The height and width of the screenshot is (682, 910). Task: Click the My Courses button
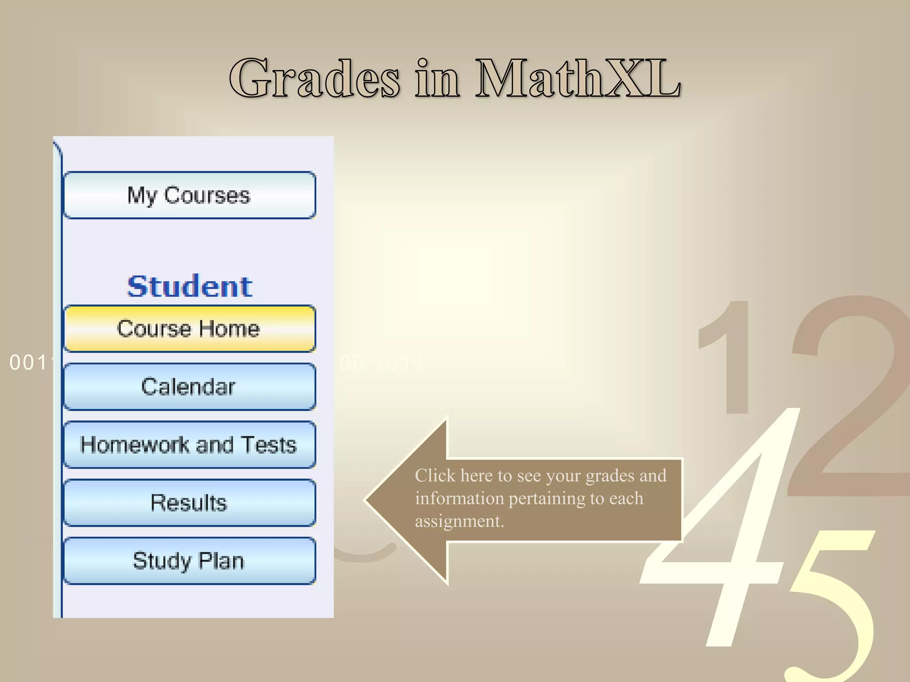point(189,195)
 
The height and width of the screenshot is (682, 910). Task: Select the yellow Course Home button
point(189,329)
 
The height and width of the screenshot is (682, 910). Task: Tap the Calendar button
point(189,387)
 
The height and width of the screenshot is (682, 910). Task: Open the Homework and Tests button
point(189,445)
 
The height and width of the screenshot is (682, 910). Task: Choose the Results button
point(189,503)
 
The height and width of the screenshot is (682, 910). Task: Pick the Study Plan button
point(189,561)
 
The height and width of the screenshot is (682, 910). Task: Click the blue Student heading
point(190,286)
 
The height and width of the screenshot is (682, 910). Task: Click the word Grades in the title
point(315,79)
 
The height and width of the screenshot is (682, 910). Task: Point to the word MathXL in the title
point(578,79)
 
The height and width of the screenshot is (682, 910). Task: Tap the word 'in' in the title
point(438,79)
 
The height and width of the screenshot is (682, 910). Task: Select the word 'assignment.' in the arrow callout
point(459,521)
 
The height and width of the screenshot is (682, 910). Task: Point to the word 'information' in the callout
point(459,499)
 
